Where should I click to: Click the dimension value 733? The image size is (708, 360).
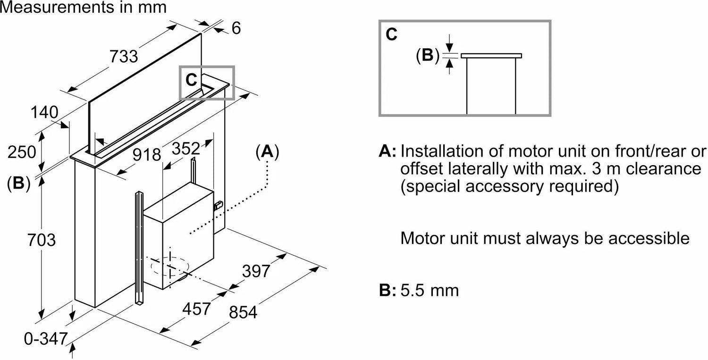pyautogui.click(x=124, y=57)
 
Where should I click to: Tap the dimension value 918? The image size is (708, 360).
pyautogui.click(x=146, y=154)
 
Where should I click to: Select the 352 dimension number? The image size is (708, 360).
pyautogui.click(x=185, y=148)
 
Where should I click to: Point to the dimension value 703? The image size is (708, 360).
pyautogui.click(x=42, y=240)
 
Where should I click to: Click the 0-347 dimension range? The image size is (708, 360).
pyautogui.click(x=44, y=339)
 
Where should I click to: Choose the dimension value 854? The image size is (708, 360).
pyautogui.click(x=243, y=312)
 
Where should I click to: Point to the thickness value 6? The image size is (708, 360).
pyautogui.click(x=236, y=28)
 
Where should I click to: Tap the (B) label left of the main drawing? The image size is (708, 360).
pyautogui.click(x=18, y=184)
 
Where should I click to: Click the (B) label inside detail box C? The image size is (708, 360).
pyautogui.click(x=427, y=55)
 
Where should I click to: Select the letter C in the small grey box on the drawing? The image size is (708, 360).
pyautogui.click(x=191, y=80)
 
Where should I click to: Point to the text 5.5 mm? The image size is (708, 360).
pyautogui.click(x=430, y=290)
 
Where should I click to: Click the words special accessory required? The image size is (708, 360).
pyautogui.click(x=509, y=186)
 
